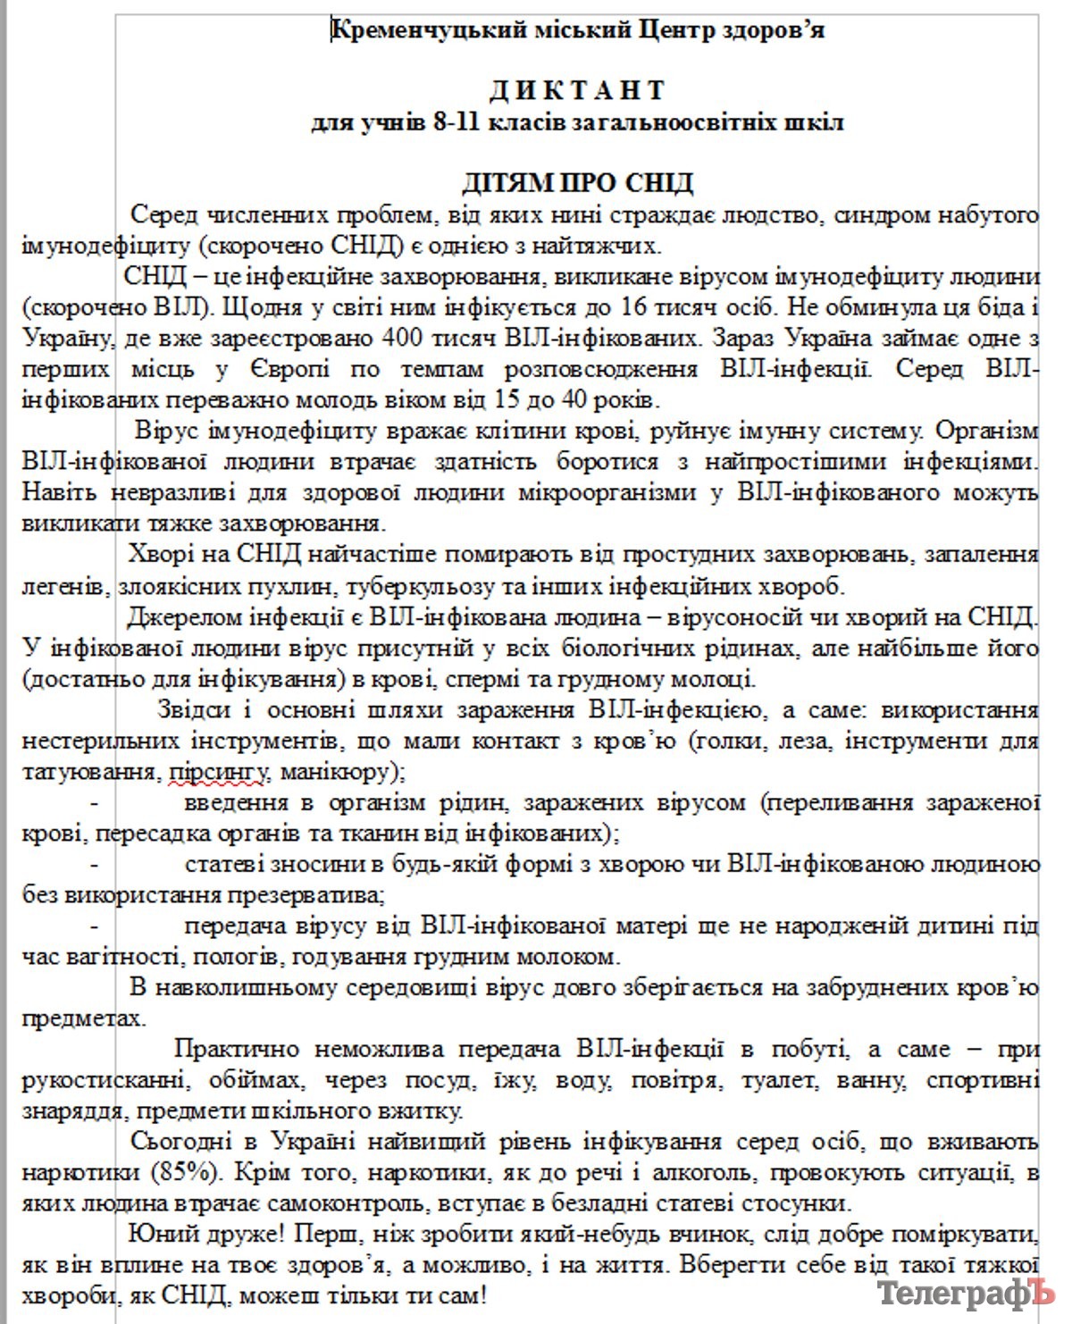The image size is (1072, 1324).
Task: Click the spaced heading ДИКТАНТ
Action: coord(577,90)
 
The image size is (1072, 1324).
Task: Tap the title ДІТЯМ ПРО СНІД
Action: coord(577,183)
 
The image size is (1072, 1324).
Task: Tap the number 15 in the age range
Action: coord(476,399)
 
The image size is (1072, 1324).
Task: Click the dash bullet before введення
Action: coord(95,803)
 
